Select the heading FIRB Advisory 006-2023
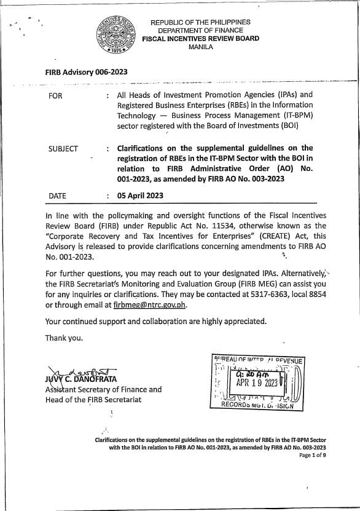tap(86, 72)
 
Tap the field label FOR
tap(55, 95)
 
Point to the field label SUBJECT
tap(63, 148)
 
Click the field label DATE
tap(57, 196)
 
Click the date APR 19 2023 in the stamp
tap(257, 381)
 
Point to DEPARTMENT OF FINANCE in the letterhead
tap(200, 31)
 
